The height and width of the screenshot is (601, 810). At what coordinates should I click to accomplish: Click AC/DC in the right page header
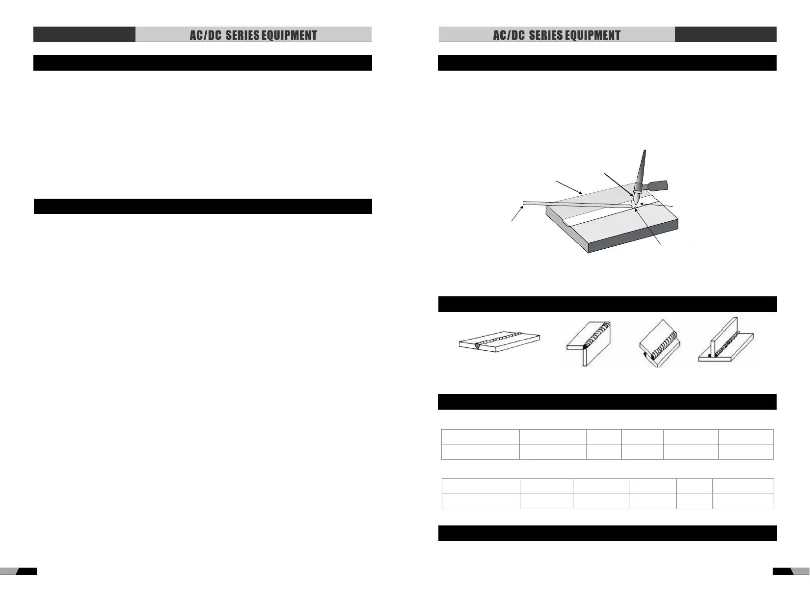coord(509,35)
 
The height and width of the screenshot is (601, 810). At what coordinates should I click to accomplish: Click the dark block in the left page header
coord(84,34)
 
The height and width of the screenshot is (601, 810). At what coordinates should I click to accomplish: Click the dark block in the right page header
coord(726,34)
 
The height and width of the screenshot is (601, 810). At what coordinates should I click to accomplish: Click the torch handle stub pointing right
coord(658,186)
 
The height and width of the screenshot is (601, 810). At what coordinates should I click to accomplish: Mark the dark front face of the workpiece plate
coord(633,241)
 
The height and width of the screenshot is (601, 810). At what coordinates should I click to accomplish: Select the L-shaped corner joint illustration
coord(588,343)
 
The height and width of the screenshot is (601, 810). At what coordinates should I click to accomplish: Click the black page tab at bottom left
coord(27,571)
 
